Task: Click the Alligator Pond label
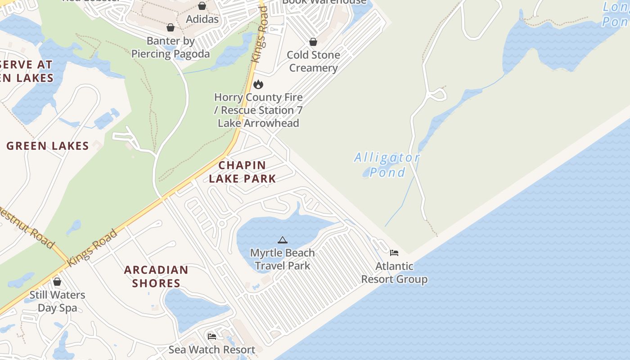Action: [x=387, y=165]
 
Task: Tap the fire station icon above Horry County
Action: [x=258, y=84]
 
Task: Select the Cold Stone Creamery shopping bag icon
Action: [x=313, y=42]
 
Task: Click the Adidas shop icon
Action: [x=202, y=6]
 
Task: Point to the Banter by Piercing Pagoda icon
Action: [x=171, y=27]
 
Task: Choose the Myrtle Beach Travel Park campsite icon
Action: [x=282, y=240]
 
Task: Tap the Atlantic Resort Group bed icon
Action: [x=394, y=253]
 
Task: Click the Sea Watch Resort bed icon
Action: [x=211, y=337]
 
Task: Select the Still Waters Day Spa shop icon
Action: [x=57, y=282]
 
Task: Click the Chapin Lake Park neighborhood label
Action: [x=242, y=172]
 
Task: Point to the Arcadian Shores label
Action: [x=156, y=276]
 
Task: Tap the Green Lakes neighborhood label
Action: [x=48, y=146]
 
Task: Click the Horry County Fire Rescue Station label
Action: [x=258, y=110]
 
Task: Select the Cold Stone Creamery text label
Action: [x=313, y=61]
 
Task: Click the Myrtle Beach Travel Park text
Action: [x=282, y=259]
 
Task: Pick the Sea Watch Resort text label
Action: [x=211, y=350]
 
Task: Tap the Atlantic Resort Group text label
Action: [x=394, y=273]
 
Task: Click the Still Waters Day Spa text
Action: [x=57, y=301]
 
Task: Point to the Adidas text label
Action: [x=202, y=19]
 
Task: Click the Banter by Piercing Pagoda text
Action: [x=171, y=47]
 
